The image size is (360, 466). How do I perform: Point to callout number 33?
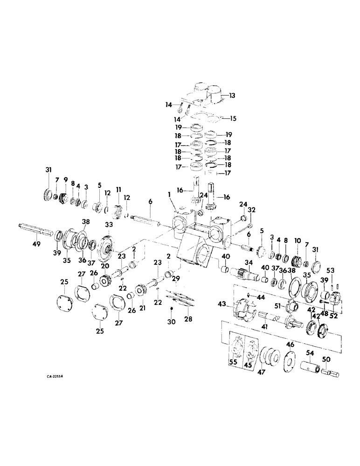click(x=109, y=225)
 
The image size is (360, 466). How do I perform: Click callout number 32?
click(x=251, y=210)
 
